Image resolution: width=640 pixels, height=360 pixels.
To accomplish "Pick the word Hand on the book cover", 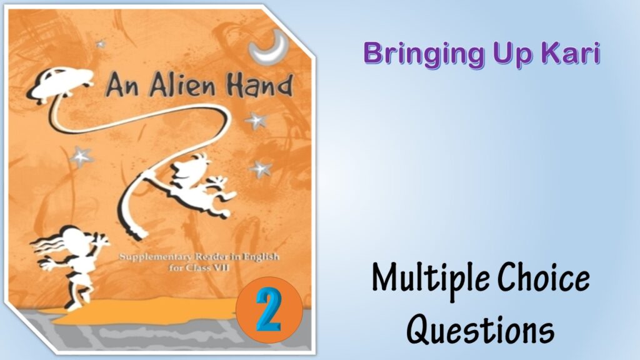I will (261, 84).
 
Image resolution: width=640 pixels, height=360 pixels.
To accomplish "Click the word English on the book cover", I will (274, 256).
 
